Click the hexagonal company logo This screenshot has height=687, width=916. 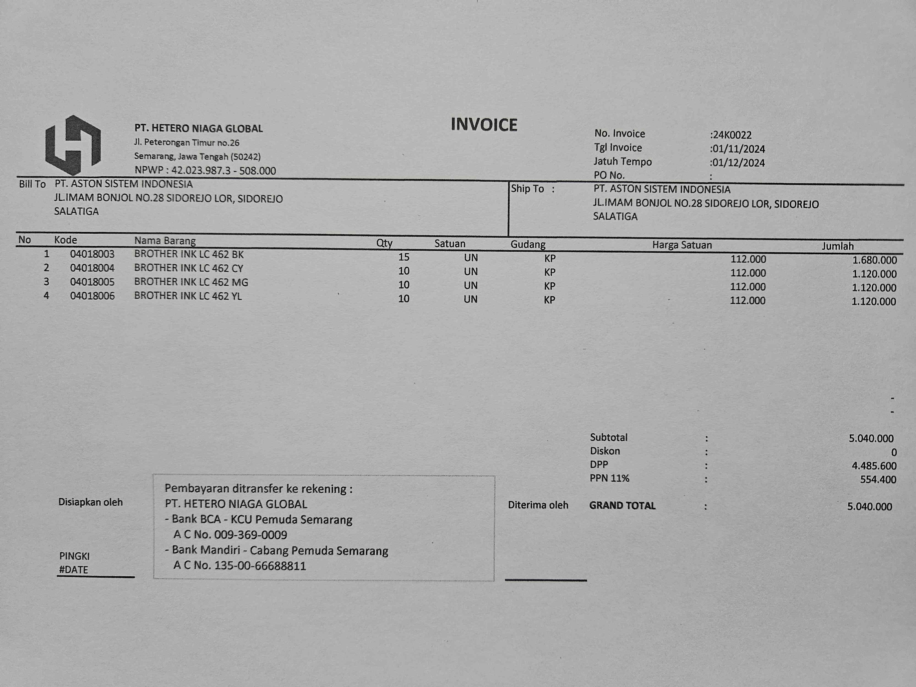[x=73, y=145]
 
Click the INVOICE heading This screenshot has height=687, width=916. [x=484, y=125]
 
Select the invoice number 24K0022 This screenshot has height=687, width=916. [x=732, y=135]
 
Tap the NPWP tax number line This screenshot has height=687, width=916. [x=205, y=171]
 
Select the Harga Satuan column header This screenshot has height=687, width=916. [x=682, y=245]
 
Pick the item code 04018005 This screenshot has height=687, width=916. [x=92, y=282]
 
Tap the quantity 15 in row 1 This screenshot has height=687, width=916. [x=404, y=257]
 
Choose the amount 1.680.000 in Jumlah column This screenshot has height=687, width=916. [x=874, y=260]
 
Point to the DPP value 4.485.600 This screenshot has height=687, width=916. [x=874, y=466]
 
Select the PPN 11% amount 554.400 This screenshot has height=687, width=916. [x=878, y=480]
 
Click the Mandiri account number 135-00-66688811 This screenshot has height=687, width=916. [x=260, y=566]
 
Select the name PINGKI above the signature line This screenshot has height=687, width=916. [x=74, y=556]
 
